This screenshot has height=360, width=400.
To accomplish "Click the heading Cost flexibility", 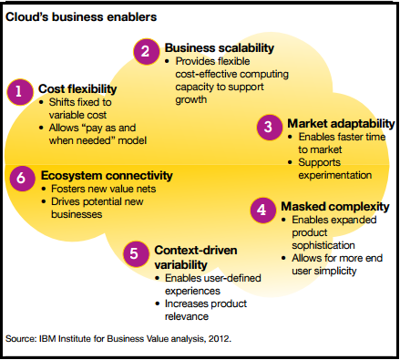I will point(78,88).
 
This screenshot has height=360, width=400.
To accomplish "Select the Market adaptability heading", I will point(340,122).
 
